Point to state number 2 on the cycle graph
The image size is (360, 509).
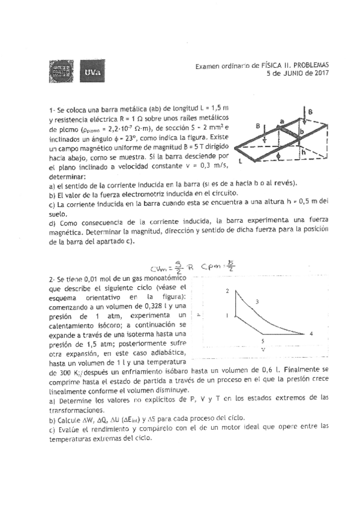pos(227,291)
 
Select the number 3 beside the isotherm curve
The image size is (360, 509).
pos(257,301)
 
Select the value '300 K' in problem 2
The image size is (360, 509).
pos(58,373)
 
